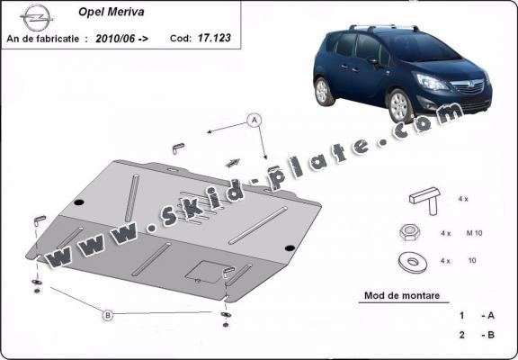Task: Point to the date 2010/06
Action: tap(121, 39)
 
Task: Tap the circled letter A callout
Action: tap(255, 119)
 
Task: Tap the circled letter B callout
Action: tap(107, 314)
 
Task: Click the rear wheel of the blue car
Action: tap(323, 90)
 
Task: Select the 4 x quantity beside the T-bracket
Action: tap(463, 198)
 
